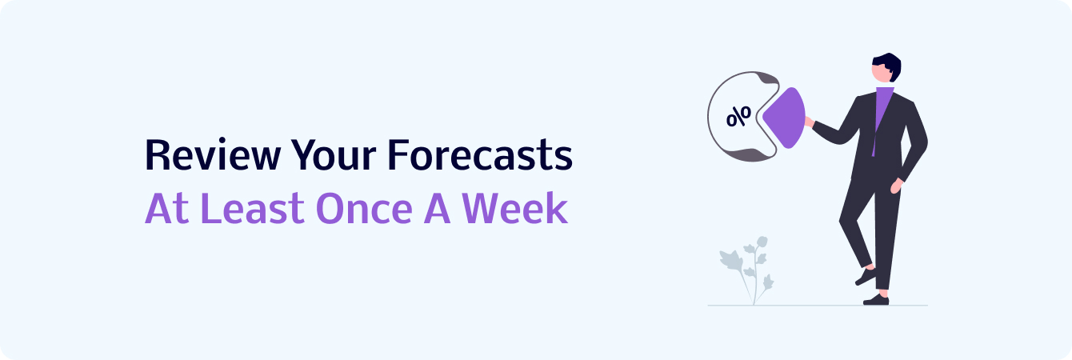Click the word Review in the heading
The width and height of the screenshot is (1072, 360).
click(x=213, y=154)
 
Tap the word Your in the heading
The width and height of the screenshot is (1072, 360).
click(x=334, y=154)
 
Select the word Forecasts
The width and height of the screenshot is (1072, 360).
click(x=481, y=154)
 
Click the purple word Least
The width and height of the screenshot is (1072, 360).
click(x=255, y=208)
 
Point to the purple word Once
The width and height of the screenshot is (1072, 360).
click(x=364, y=208)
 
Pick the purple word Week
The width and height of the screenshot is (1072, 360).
click(x=514, y=208)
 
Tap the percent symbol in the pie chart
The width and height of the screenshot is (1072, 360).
click(x=738, y=116)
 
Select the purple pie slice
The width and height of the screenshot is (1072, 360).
click(x=785, y=118)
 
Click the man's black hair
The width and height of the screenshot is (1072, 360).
click(x=889, y=65)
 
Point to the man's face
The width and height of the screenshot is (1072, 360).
click(x=881, y=74)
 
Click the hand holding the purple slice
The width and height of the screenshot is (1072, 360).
click(x=810, y=122)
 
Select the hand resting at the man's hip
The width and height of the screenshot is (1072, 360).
click(x=897, y=186)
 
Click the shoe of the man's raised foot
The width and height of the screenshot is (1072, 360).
click(x=866, y=276)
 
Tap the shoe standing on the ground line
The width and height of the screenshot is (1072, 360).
click(x=876, y=300)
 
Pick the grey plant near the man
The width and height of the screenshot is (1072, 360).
click(x=747, y=270)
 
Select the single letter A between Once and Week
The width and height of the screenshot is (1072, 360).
click(x=437, y=208)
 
